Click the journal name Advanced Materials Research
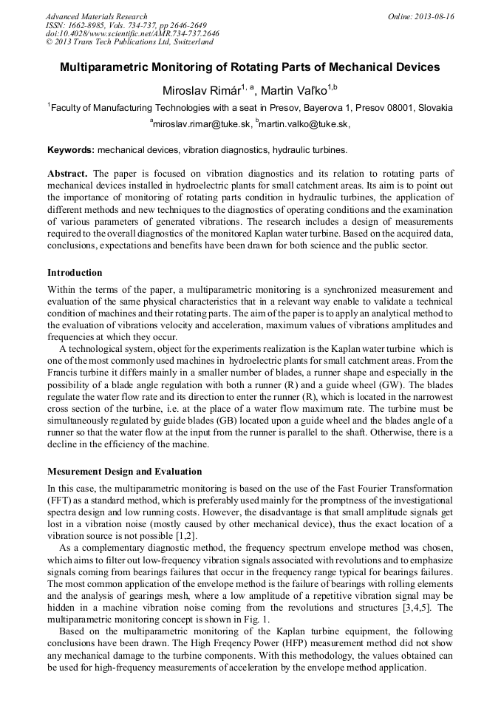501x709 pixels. pyautogui.click(x=96, y=16)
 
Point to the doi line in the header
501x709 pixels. pyautogui.click(x=132, y=34)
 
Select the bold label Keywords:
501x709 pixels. pyautogui.click(x=71, y=150)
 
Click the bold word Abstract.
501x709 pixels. pyautogui.click(x=67, y=174)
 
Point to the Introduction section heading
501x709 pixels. pyautogui.click(x=75, y=273)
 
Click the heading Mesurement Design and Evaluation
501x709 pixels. pyautogui.click(x=124, y=472)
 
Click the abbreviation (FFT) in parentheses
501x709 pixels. pyautogui.click(x=60, y=500)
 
